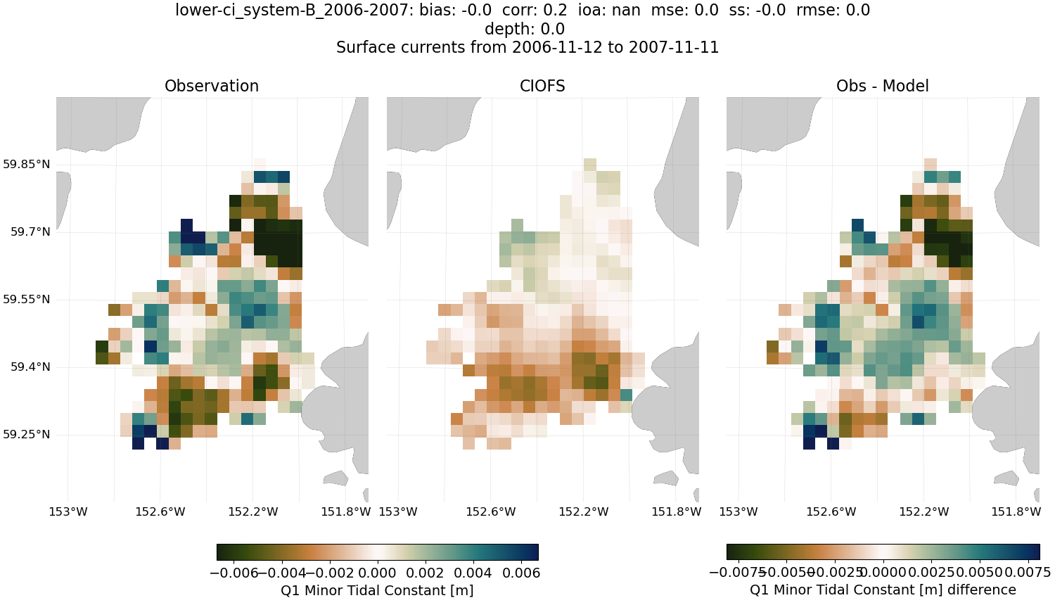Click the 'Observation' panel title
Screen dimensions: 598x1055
click(212, 86)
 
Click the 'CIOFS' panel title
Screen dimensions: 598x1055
click(542, 86)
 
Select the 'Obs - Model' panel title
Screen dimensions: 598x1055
click(882, 86)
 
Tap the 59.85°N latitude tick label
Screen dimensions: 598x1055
click(27, 165)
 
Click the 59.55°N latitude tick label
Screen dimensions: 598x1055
click(27, 300)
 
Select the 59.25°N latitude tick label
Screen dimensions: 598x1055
click(27, 435)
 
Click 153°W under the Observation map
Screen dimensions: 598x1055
click(68, 511)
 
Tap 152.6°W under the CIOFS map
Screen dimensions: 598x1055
click(491, 511)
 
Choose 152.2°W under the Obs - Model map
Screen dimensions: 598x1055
click(923, 511)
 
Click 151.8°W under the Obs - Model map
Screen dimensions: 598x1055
click(1016, 511)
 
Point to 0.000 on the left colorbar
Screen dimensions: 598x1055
click(378, 573)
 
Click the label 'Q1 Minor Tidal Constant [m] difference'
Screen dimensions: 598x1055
click(883, 590)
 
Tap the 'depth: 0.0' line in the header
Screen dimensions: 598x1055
click(524, 29)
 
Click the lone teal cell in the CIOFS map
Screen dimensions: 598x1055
click(626, 395)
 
